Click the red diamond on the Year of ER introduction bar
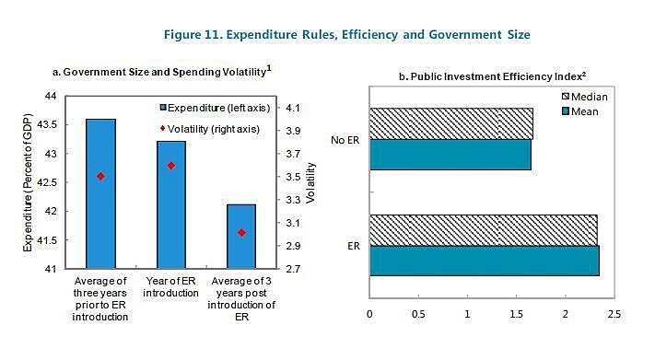(171, 166)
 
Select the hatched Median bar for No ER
(450, 123)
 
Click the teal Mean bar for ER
(484, 261)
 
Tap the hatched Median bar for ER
(484, 229)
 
